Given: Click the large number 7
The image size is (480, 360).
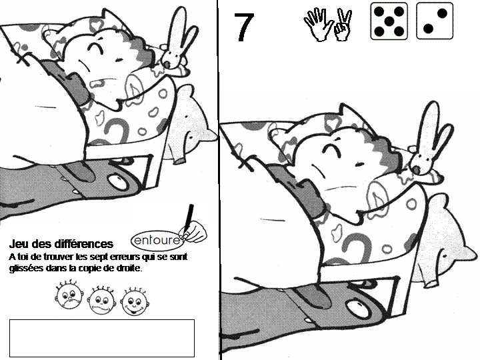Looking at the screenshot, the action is [244, 27].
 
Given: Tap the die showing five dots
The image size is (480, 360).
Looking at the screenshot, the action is [389, 21].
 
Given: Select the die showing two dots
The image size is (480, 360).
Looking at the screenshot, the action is [435, 21].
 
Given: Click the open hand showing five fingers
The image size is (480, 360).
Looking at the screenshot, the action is [318, 25].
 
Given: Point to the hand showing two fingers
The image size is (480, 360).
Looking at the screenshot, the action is [343, 25].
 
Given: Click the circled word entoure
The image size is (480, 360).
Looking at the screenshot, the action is [157, 240].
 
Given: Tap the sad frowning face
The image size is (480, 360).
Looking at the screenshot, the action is [69, 295].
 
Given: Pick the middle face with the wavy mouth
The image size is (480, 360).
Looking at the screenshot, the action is [101, 300].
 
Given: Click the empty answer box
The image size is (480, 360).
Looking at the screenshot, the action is [102, 338].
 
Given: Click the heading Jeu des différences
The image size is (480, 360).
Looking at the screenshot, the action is [61, 244].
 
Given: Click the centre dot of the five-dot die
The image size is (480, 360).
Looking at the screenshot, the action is [389, 21].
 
